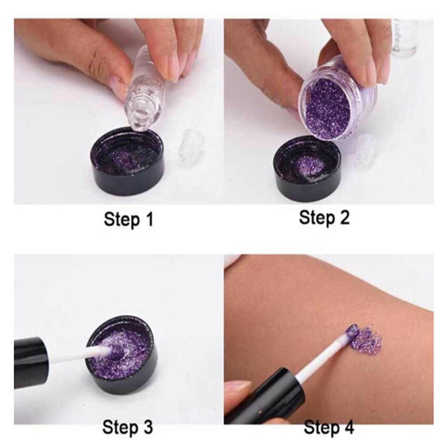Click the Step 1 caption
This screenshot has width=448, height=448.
[129, 220]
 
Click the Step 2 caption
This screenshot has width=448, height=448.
[324, 218]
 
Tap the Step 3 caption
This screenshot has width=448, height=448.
[128, 427]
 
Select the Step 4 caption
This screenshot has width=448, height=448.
[329, 428]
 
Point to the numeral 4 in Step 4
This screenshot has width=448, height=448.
[349, 428]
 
